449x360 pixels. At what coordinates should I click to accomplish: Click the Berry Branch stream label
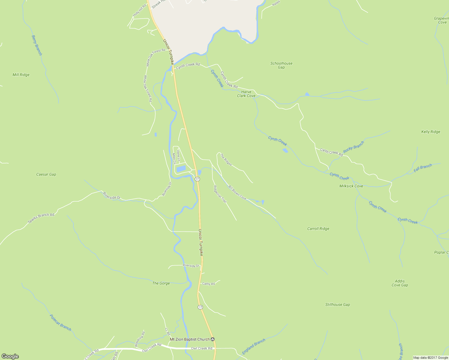point(37,45)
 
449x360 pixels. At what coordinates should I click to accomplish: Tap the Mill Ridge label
point(21,75)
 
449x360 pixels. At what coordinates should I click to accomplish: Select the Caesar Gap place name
point(46,174)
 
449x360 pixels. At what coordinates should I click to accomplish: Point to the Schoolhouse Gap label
point(281,65)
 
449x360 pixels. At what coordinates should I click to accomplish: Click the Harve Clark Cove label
point(246,94)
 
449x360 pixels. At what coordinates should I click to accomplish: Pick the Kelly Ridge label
point(431,132)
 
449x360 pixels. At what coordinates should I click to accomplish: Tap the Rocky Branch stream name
point(354,147)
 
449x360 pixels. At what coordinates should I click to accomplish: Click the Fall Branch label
point(423,168)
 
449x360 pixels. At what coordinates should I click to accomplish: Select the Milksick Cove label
point(351,186)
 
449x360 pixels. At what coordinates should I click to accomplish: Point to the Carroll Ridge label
point(318,229)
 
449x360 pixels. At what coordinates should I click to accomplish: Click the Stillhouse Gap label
point(337,304)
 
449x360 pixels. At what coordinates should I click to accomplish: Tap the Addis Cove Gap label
point(400,283)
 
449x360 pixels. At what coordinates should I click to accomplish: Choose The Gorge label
point(161,283)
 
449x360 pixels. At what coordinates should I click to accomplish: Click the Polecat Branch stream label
point(60,322)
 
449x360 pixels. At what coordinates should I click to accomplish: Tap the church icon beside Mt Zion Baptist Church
point(213,339)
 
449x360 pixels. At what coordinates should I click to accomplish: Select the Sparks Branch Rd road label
point(41,218)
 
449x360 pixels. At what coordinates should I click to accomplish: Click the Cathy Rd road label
point(208,283)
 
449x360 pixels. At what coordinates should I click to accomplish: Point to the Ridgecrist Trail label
point(220,194)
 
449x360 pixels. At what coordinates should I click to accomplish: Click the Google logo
point(10,356)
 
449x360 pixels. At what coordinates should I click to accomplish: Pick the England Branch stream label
point(254,346)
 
